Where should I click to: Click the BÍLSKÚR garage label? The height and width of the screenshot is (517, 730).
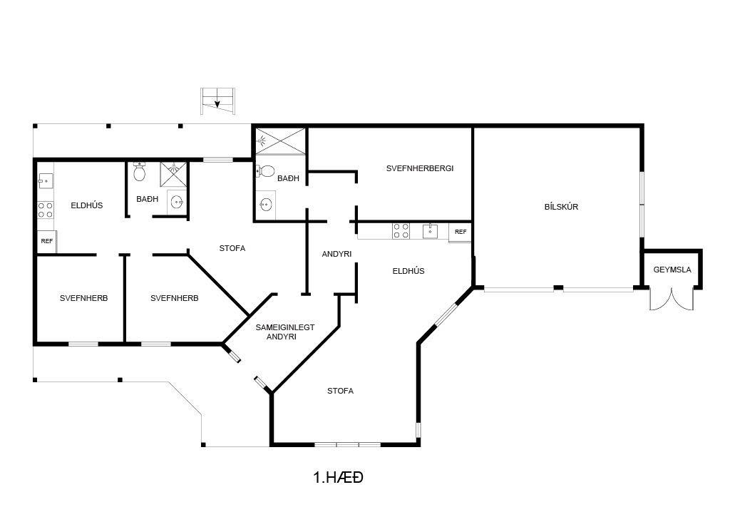click(x=561, y=207)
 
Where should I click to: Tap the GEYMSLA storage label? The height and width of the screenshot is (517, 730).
click(x=672, y=270)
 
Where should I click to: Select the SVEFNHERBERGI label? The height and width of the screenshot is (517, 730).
click(x=419, y=168)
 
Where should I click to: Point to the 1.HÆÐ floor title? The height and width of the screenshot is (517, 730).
click(x=339, y=477)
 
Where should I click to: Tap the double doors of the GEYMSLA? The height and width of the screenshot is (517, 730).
click(x=672, y=300)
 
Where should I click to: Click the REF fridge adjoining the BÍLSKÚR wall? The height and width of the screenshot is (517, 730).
click(x=461, y=232)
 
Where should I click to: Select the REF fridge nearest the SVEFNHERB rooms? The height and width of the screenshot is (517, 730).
click(x=47, y=241)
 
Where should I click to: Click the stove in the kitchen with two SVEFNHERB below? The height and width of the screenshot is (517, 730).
click(x=46, y=210)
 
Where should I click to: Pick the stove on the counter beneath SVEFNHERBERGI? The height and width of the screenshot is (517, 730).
click(x=401, y=231)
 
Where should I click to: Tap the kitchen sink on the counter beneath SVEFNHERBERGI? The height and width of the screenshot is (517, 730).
click(x=430, y=231)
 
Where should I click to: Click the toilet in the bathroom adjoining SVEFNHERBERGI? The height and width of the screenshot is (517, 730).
click(x=265, y=171)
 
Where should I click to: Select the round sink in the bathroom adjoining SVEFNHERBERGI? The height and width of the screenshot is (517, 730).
click(x=266, y=205)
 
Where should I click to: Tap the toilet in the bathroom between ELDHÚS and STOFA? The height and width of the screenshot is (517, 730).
click(x=139, y=172)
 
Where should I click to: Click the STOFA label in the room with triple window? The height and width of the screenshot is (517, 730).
click(x=340, y=391)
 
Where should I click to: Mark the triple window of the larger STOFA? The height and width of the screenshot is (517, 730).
click(x=347, y=445)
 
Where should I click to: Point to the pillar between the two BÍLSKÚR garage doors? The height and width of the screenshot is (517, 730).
click(x=558, y=288)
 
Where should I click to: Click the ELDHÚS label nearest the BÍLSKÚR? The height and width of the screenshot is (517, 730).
click(x=408, y=271)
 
